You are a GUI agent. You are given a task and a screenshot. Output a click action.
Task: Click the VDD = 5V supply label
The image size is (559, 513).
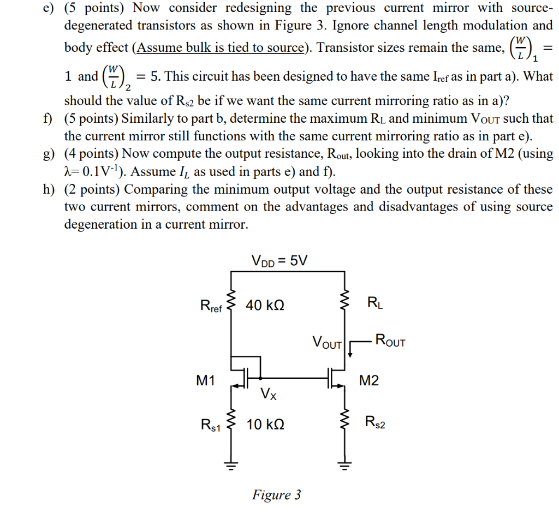[x=279, y=260]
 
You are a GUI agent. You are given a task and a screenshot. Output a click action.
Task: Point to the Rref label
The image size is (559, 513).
[x=211, y=306]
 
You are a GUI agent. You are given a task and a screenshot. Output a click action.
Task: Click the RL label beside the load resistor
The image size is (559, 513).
[x=376, y=302]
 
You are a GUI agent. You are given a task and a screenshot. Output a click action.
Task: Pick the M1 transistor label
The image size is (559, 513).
[x=206, y=380]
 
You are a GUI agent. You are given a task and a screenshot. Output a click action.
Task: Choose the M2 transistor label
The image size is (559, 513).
[x=368, y=380]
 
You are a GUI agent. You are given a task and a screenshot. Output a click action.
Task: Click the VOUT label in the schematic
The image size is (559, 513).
[x=327, y=343]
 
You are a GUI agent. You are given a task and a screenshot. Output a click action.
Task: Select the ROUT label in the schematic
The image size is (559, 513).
[x=389, y=342]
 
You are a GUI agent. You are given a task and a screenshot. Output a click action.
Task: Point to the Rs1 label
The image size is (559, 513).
[x=211, y=425]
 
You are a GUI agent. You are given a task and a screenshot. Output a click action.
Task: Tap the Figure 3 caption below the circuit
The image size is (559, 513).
[x=276, y=495]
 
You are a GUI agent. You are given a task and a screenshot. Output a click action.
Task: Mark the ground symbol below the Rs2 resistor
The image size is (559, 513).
[x=344, y=466]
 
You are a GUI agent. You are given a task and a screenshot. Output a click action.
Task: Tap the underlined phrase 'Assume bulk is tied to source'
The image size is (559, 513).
[x=221, y=47]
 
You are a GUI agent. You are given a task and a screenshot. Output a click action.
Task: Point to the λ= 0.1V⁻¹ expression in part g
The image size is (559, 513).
[x=95, y=172]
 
